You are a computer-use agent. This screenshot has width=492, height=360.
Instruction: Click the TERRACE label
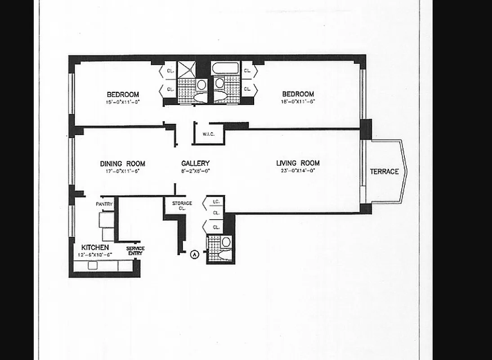(384, 171)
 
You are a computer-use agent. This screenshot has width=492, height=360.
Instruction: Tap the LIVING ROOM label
(298, 163)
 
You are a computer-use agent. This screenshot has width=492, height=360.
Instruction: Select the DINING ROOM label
(122, 164)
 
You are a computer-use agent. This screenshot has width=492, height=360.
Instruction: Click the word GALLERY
(195, 163)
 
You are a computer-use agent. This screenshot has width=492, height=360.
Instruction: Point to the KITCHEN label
(94, 247)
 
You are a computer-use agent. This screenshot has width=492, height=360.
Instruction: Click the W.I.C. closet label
(208, 134)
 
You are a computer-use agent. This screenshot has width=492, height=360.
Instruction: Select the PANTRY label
(104, 204)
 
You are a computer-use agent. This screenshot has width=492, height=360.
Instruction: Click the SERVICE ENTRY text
(135, 251)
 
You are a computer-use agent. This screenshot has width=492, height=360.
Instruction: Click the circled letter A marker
(195, 254)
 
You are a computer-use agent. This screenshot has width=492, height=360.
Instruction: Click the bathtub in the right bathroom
(224, 68)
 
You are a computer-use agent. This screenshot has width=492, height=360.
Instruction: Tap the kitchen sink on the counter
(93, 265)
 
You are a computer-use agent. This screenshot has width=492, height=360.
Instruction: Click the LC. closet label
(216, 202)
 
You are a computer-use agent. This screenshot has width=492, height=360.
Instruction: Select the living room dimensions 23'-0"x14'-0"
(298, 171)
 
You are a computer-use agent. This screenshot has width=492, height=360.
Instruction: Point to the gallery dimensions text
(195, 171)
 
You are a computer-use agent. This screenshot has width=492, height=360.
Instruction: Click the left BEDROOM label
(122, 94)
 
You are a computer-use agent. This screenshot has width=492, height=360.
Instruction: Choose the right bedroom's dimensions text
(298, 101)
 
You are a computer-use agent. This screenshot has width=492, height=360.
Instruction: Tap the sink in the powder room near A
(226, 242)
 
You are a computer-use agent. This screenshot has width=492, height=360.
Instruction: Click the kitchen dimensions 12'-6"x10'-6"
(94, 255)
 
